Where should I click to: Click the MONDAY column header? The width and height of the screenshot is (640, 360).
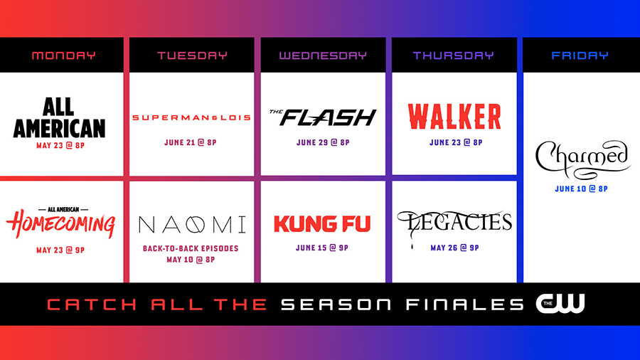63,55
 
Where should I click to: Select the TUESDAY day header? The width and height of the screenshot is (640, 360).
192,55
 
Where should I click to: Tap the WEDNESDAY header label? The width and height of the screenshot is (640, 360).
323,55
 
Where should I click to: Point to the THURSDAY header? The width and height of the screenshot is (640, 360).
453,55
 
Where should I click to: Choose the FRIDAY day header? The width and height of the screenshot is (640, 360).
580,55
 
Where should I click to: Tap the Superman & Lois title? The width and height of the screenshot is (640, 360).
192,117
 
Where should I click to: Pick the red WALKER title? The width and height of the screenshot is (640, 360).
454,116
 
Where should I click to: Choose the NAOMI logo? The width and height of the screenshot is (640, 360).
192,225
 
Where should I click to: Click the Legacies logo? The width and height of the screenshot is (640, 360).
454,223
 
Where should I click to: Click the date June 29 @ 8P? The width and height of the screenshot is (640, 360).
323,142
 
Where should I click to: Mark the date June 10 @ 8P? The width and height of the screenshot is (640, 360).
582,189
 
